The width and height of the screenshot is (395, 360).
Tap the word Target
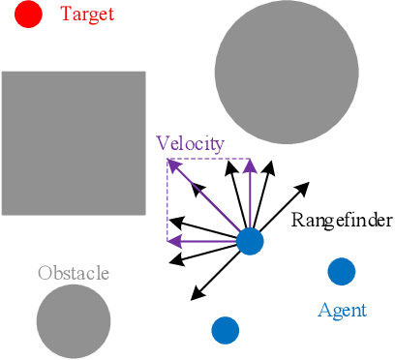coord(86,15)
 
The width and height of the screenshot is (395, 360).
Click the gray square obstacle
coord(74,142)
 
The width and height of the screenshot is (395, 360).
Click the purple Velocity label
coord(190,144)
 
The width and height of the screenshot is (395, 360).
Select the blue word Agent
coord(342,311)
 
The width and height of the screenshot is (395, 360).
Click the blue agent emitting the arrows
coord(250,241)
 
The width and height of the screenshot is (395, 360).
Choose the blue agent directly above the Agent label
coord(341,272)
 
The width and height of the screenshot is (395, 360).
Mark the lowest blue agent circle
coord(226,330)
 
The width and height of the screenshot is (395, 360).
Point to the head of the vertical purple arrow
coord(250,163)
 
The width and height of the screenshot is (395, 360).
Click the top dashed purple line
coord(209,160)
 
